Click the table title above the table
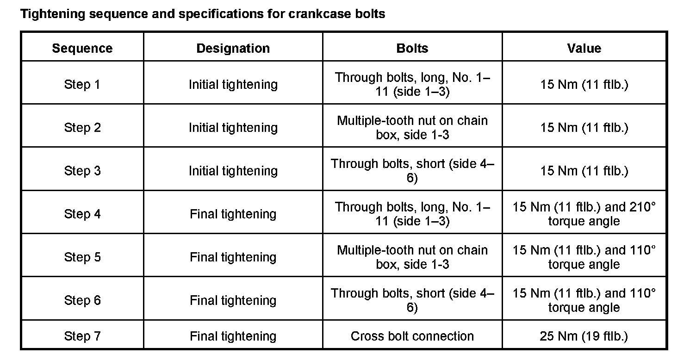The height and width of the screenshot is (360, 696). pos(203,14)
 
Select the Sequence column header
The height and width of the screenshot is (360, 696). pos(82,49)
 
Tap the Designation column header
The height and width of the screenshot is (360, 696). pos(233,49)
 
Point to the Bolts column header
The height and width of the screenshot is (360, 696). pos(412,49)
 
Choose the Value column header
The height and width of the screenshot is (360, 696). pos(584,49)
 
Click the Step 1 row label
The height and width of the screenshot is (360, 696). pos(82,85)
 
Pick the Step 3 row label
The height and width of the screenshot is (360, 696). pos(82,171)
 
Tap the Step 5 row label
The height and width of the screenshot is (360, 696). pos(82,257)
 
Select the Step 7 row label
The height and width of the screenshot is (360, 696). pos(82,336)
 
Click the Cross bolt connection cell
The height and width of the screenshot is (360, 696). pos(412,336)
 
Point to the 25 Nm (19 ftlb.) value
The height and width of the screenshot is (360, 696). pos(584,336)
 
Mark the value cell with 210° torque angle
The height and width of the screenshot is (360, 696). pos(584,214)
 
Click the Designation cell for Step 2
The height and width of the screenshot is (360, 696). pos(233,128)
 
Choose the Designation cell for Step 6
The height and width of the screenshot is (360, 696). pos(233,300)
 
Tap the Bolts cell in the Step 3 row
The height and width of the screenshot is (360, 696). pos(412,171)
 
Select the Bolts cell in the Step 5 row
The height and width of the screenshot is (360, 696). pos(412,257)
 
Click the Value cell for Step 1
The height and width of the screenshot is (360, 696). pos(584,85)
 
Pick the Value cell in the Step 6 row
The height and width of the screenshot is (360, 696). pos(584,300)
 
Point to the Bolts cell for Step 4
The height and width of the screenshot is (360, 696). pos(412,214)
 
